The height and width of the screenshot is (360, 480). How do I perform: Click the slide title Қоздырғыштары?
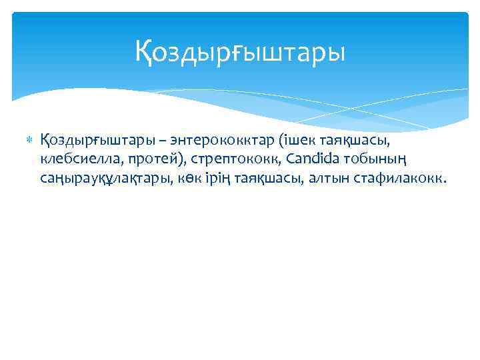coord(240,52)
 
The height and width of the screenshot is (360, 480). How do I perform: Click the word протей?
coord(133,160)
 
